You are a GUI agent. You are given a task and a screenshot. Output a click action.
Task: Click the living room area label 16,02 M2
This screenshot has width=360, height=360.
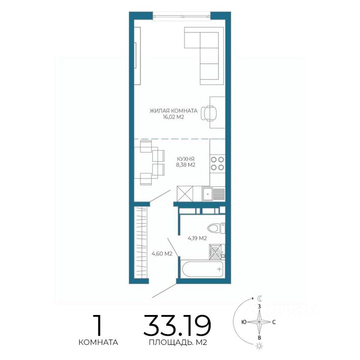[173, 117]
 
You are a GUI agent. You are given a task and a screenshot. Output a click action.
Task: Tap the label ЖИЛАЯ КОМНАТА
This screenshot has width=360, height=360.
[173, 111]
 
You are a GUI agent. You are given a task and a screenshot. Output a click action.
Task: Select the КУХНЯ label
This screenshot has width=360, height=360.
[186, 159]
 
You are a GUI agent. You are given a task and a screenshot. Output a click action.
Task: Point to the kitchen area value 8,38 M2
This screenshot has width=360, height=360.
[186, 165]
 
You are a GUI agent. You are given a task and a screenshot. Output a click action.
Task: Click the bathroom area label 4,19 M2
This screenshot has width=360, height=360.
[197, 238]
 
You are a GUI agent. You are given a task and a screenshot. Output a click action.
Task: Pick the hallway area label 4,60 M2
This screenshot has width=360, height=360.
[162, 254]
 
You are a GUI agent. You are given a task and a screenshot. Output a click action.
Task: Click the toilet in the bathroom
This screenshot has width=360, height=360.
[216, 228]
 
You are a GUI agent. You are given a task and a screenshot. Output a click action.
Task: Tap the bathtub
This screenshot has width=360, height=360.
[202, 269]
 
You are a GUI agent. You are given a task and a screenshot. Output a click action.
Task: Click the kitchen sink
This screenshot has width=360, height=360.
[213, 194]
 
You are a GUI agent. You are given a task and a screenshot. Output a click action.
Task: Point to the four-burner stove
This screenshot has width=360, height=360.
[217, 163]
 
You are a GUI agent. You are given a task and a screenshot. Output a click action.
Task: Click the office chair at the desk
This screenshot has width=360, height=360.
[208, 113]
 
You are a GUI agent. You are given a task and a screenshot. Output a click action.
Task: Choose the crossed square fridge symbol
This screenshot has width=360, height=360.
[185, 193]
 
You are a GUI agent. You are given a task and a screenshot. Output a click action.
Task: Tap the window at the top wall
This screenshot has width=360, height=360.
[181, 16]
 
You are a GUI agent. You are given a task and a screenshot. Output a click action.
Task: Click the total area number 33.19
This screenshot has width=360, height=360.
[177, 325]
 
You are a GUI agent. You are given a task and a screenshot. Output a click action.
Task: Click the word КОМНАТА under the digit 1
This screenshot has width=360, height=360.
[98, 342]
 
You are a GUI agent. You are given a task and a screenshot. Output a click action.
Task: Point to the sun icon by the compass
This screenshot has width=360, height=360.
[259, 352]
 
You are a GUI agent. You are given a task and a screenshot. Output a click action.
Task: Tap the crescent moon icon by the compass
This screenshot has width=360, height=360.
[259, 298]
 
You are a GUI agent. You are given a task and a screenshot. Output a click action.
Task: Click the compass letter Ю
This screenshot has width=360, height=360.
[244, 322]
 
